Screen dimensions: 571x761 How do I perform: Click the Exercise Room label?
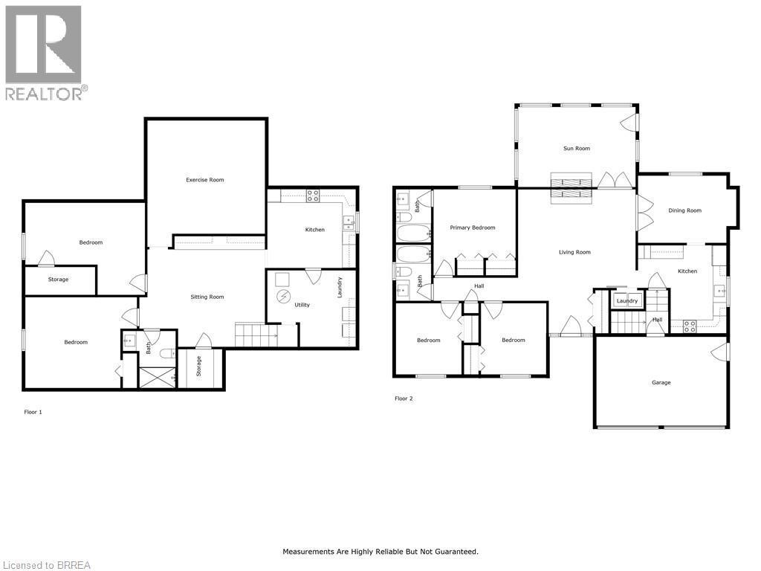coord(204,180)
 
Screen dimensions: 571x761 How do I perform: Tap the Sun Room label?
coord(576,149)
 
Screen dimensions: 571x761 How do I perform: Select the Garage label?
coord(661,383)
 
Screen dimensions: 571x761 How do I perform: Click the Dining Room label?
coord(684,210)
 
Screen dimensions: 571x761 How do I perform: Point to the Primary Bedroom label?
coord(472,228)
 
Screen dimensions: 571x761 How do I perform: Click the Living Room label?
coord(574,253)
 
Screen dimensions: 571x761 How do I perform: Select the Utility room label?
coord(302,305)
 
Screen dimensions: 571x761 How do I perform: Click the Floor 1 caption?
coord(33,411)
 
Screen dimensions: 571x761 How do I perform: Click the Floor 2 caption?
coord(403,399)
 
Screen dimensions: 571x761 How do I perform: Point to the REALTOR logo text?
coord(45,93)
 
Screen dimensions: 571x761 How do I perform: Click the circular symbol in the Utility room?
coord(283,297)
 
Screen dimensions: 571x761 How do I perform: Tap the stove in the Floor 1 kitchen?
coord(313,196)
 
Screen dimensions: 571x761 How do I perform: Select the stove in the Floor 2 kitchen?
coord(689,323)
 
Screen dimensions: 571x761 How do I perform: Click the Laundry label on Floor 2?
coord(627,301)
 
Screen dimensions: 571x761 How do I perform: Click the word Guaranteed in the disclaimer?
coord(454,552)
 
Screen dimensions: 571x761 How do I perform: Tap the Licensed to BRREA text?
coord(46,565)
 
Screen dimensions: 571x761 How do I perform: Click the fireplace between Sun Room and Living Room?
coord(571,187)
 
